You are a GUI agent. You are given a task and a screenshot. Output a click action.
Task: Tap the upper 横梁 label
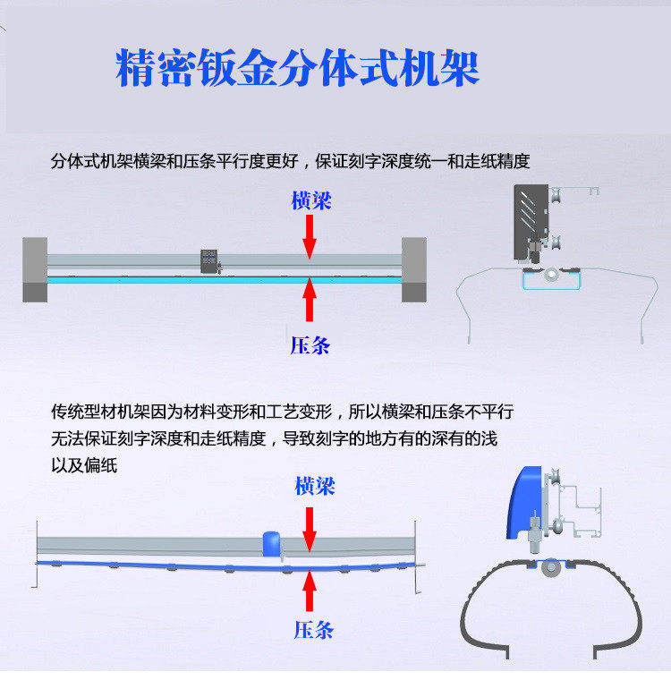pyautogui.click(x=310, y=200)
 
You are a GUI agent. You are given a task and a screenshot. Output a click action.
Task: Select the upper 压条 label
pyautogui.click(x=310, y=344)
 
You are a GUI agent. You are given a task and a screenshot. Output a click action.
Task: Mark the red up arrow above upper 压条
pyautogui.click(x=310, y=299)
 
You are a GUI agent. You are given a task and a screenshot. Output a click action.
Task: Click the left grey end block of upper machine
pyautogui.click(x=35, y=268)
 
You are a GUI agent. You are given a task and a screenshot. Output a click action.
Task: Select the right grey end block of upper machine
pyautogui.click(x=413, y=268)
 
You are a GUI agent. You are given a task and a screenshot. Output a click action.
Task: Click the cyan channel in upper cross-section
pyautogui.click(x=551, y=281)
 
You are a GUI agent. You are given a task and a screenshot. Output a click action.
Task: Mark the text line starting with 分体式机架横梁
pyautogui.click(x=291, y=162)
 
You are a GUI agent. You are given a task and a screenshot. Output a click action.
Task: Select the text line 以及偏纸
pyautogui.click(x=84, y=466)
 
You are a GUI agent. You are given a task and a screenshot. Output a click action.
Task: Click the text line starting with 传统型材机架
pyautogui.click(x=283, y=412)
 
